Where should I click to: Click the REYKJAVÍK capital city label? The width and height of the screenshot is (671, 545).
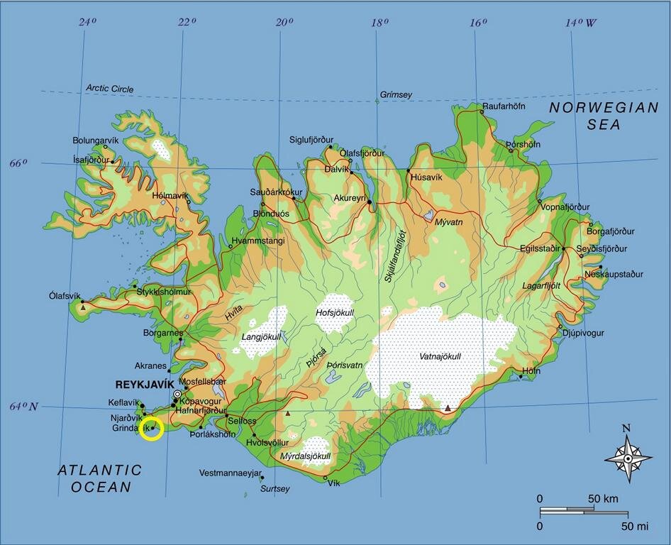[x=145, y=385]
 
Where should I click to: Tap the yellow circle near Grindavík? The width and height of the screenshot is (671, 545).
[x=152, y=429]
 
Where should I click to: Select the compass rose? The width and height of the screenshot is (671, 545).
[x=628, y=458]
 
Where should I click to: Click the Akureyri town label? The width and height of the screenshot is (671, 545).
[x=349, y=198]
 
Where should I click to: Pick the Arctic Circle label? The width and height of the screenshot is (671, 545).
[x=110, y=89]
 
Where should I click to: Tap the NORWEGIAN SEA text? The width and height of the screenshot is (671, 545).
[x=604, y=116]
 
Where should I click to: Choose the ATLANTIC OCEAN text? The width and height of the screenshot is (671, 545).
[x=100, y=478]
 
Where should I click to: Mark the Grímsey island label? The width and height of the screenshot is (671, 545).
[x=396, y=94]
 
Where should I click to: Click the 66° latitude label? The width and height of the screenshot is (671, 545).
[x=18, y=163]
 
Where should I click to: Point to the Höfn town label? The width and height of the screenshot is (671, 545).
[x=531, y=371]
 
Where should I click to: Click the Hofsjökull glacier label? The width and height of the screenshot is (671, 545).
[x=335, y=312]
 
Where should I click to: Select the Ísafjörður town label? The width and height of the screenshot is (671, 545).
[x=92, y=160]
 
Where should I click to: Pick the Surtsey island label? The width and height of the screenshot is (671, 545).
[x=275, y=489]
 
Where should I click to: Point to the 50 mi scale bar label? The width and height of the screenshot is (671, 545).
[x=636, y=526]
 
